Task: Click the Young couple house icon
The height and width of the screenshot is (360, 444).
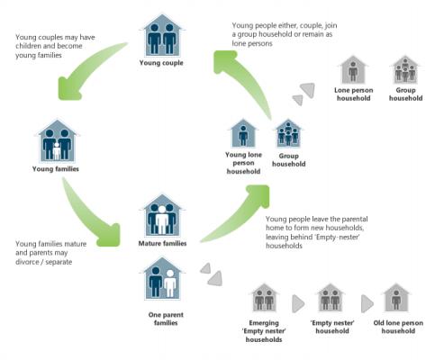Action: click(x=162, y=35)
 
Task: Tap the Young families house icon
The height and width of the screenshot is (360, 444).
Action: click(x=57, y=141)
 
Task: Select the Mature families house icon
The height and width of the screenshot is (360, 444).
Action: click(x=162, y=216)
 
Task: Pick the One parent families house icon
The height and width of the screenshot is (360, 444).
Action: click(x=162, y=278)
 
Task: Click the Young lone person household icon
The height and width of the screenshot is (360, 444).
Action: click(x=243, y=133)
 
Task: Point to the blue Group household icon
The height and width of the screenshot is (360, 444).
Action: click(x=288, y=133)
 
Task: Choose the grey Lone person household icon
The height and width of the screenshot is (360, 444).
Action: click(x=353, y=70)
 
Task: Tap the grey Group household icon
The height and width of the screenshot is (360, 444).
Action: click(x=405, y=70)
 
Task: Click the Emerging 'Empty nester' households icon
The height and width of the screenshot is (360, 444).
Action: click(x=264, y=298)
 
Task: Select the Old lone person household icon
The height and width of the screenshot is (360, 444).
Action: click(x=396, y=298)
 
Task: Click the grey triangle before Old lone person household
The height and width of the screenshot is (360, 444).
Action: click(x=367, y=303)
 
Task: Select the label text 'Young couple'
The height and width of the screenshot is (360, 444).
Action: click(x=161, y=63)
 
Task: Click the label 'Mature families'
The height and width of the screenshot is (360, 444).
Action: click(x=162, y=243)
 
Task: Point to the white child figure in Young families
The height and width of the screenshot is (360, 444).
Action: click(x=57, y=151)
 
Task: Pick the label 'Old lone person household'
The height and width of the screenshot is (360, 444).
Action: click(x=398, y=327)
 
